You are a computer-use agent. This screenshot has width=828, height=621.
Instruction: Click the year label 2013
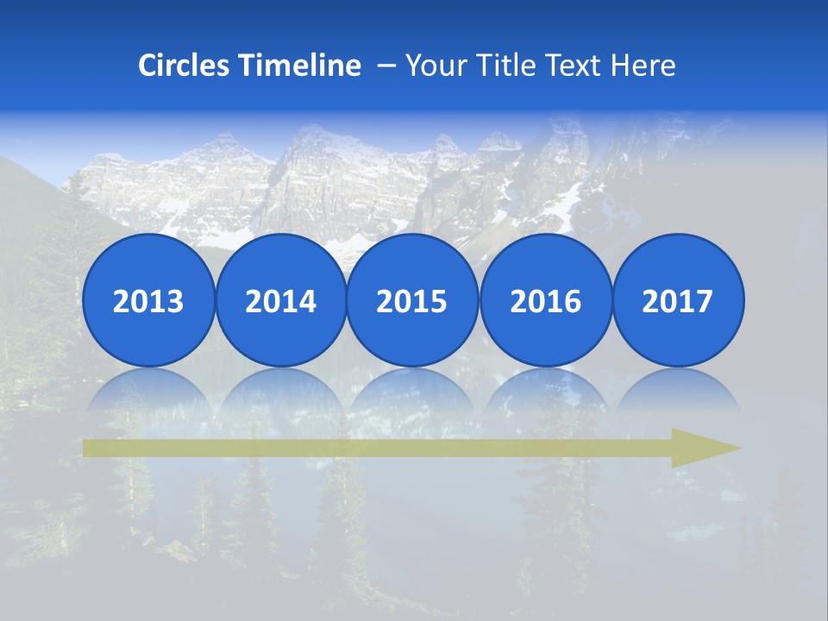coord(148,302)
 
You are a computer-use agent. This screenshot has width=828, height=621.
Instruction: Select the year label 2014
coord(280,302)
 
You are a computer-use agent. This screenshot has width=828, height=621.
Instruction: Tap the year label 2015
coord(412,302)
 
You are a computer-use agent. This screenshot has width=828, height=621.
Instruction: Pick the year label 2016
coord(545,302)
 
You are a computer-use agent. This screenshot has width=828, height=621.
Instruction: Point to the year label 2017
coord(677,302)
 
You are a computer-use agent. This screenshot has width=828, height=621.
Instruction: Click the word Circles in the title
coord(185,66)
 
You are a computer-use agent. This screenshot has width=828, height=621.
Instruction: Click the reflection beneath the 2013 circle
coord(148,392)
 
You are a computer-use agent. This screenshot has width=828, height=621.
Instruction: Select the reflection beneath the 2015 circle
coord(412,392)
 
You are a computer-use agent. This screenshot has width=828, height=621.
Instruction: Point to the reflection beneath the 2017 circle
coord(677,392)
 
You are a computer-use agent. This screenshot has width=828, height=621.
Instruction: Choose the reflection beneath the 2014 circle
coord(280,392)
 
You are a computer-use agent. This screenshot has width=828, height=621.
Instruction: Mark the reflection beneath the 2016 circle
coord(545,392)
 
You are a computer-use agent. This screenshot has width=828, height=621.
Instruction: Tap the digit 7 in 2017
coord(704,302)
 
